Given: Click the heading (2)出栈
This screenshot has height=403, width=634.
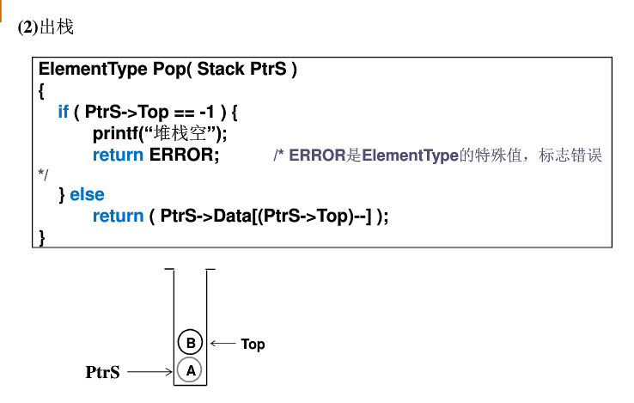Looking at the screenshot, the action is [x=46, y=27].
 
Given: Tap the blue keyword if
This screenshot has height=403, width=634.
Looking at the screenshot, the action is [x=64, y=113].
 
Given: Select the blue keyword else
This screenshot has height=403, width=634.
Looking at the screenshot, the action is [x=87, y=195].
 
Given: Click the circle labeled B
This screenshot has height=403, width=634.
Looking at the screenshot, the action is [x=191, y=343].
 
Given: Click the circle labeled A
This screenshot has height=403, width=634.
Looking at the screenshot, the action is [x=191, y=370].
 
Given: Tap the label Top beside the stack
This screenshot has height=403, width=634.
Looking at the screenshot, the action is [x=253, y=344].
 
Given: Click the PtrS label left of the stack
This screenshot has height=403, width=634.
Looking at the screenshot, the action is [x=102, y=372].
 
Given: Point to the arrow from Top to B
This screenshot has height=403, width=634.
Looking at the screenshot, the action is [x=223, y=344].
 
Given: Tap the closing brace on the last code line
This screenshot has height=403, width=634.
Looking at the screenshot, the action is [x=42, y=235].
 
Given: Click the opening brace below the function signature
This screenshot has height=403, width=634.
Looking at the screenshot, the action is [x=42, y=90].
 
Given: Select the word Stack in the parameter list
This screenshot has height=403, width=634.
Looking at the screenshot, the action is [x=222, y=70].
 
